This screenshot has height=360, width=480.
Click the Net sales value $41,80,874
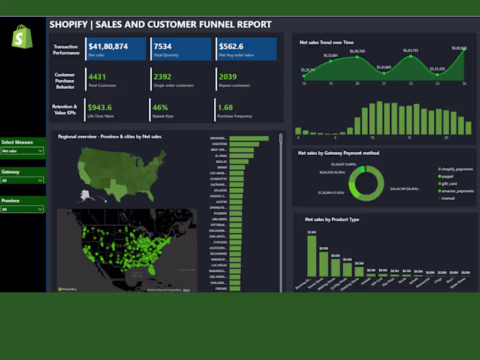pyautogui.click(x=108, y=46)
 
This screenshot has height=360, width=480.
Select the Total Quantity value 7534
pyautogui.click(x=163, y=46)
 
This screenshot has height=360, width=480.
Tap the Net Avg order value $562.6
pyautogui.click(x=231, y=46)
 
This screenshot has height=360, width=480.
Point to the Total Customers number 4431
pyautogui.click(x=97, y=77)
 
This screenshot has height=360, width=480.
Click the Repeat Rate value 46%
pyautogui.click(x=160, y=107)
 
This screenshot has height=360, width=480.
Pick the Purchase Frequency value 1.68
pyautogui.click(x=225, y=107)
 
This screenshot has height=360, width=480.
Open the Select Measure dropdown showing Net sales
pyautogui.click(x=22, y=151)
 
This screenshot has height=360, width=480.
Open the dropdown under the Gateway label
pyautogui.click(x=22, y=180)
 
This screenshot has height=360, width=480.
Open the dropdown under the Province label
pyautogui.click(x=22, y=209)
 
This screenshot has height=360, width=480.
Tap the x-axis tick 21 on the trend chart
pyautogui.click(x=384, y=83)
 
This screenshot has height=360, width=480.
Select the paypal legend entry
pyautogui.click(x=448, y=176)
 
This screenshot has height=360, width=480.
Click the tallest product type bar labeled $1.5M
pyautogui.click(x=311, y=255)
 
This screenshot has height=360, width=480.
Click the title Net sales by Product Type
pyautogui.click(x=332, y=220)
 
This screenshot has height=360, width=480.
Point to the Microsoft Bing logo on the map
pyautogui.click(x=65, y=289)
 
